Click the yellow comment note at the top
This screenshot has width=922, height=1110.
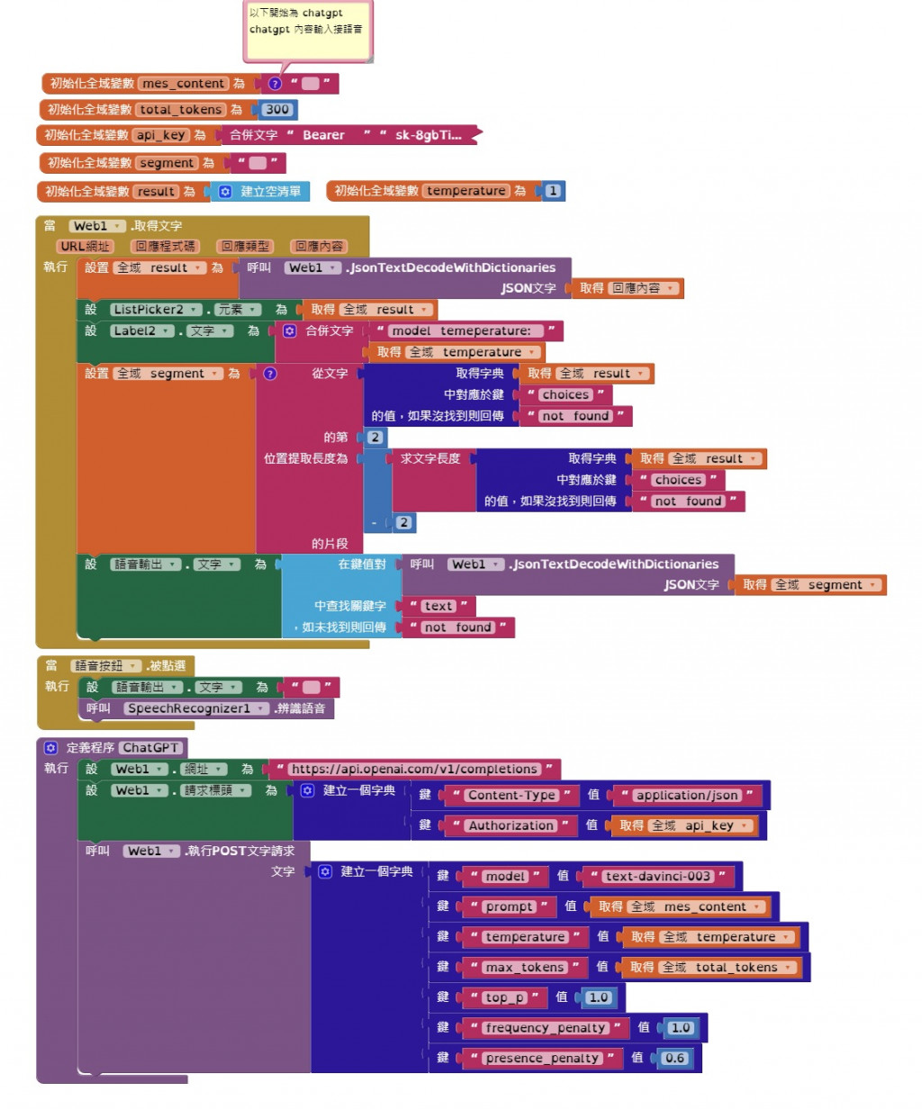307,30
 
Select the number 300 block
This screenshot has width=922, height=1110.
277,110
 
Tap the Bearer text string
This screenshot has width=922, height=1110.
323,135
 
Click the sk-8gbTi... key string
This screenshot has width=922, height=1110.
428,135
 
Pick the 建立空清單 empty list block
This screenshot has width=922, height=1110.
269,192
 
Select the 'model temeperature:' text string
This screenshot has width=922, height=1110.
461,331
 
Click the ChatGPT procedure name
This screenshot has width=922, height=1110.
149,748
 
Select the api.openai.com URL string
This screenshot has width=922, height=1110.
414,770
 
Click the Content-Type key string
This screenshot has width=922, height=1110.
511,795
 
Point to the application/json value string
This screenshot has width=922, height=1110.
687,795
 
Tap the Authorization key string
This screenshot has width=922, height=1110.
511,826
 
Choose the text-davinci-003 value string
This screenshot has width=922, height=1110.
658,876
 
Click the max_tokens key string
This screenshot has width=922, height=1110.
524,968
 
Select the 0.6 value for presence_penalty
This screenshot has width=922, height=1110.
674,1059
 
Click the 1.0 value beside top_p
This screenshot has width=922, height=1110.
599,997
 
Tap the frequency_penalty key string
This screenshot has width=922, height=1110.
545,1028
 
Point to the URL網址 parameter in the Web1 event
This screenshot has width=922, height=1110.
85,247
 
